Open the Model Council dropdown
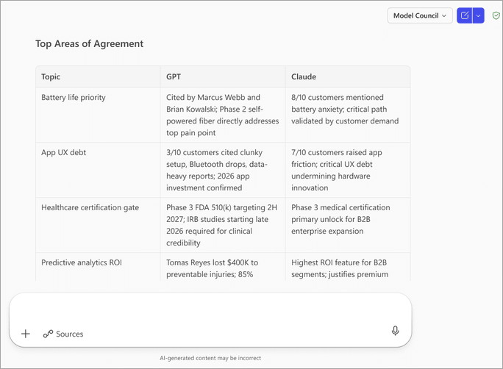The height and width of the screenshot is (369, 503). [420, 15]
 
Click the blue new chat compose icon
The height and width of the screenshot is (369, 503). [465, 15]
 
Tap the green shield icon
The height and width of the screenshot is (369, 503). [496, 15]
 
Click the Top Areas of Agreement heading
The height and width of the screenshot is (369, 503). [89, 43]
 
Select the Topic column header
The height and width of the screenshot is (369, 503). [51, 76]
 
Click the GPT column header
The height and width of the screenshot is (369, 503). [174, 76]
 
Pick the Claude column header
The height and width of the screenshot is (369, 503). [304, 76]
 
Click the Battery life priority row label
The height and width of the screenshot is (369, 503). [74, 97]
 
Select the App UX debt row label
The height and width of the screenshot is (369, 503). [65, 152]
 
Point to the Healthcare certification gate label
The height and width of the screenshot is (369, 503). [90, 207]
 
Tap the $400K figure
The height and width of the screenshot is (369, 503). [234, 262]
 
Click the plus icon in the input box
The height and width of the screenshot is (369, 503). [26, 334]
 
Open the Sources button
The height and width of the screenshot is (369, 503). [63, 334]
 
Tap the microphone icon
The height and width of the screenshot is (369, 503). [396, 332]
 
